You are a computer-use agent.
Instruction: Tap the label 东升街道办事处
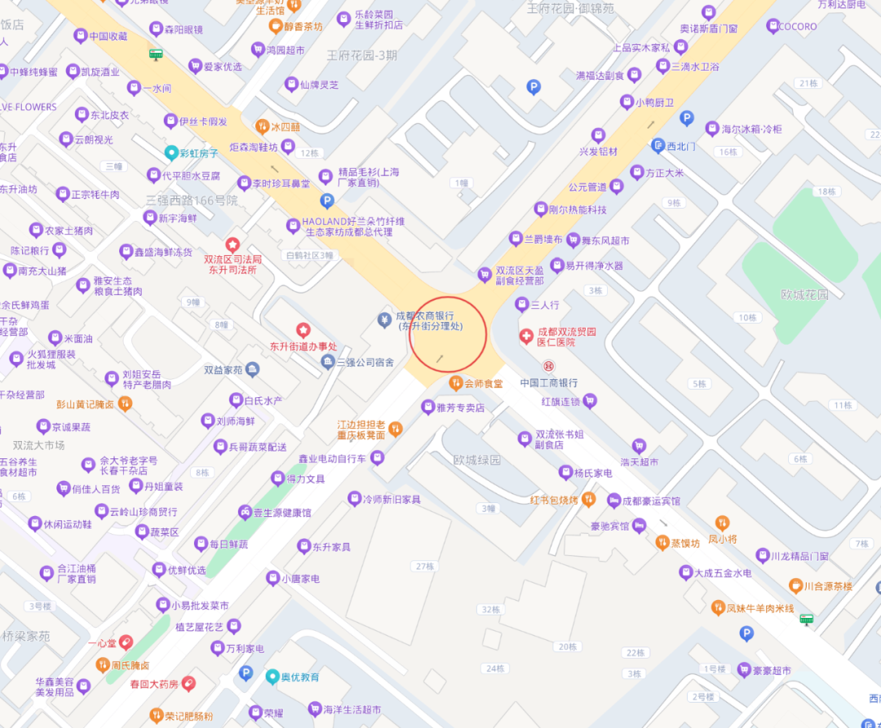(x=303, y=346)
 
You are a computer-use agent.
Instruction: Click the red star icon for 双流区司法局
(x=232, y=244)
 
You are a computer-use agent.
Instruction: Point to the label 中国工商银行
(x=548, y=382)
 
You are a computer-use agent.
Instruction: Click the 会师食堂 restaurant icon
(x=456, y=383)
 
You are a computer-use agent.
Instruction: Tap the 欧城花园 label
(x=804, y=294)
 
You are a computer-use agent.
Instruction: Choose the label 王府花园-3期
(x=362, y=55)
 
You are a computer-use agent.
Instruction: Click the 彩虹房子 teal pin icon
(x=171, y=152)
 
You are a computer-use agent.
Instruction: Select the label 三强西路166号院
(x=192, y=200)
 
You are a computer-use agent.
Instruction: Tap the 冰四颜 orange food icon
(x=262, y=126)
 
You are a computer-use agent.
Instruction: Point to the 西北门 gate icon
(x=658, y=147)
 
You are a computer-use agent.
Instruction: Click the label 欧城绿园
(x=477, y=460)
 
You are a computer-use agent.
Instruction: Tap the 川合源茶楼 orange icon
(x=795, y=585)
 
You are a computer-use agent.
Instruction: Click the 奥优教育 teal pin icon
(x=272, y=677)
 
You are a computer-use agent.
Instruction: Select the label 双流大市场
(x=38, y=445)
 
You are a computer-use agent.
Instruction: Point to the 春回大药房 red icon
(x=188, y=683)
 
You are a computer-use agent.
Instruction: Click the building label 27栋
(x=425, y=566)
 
